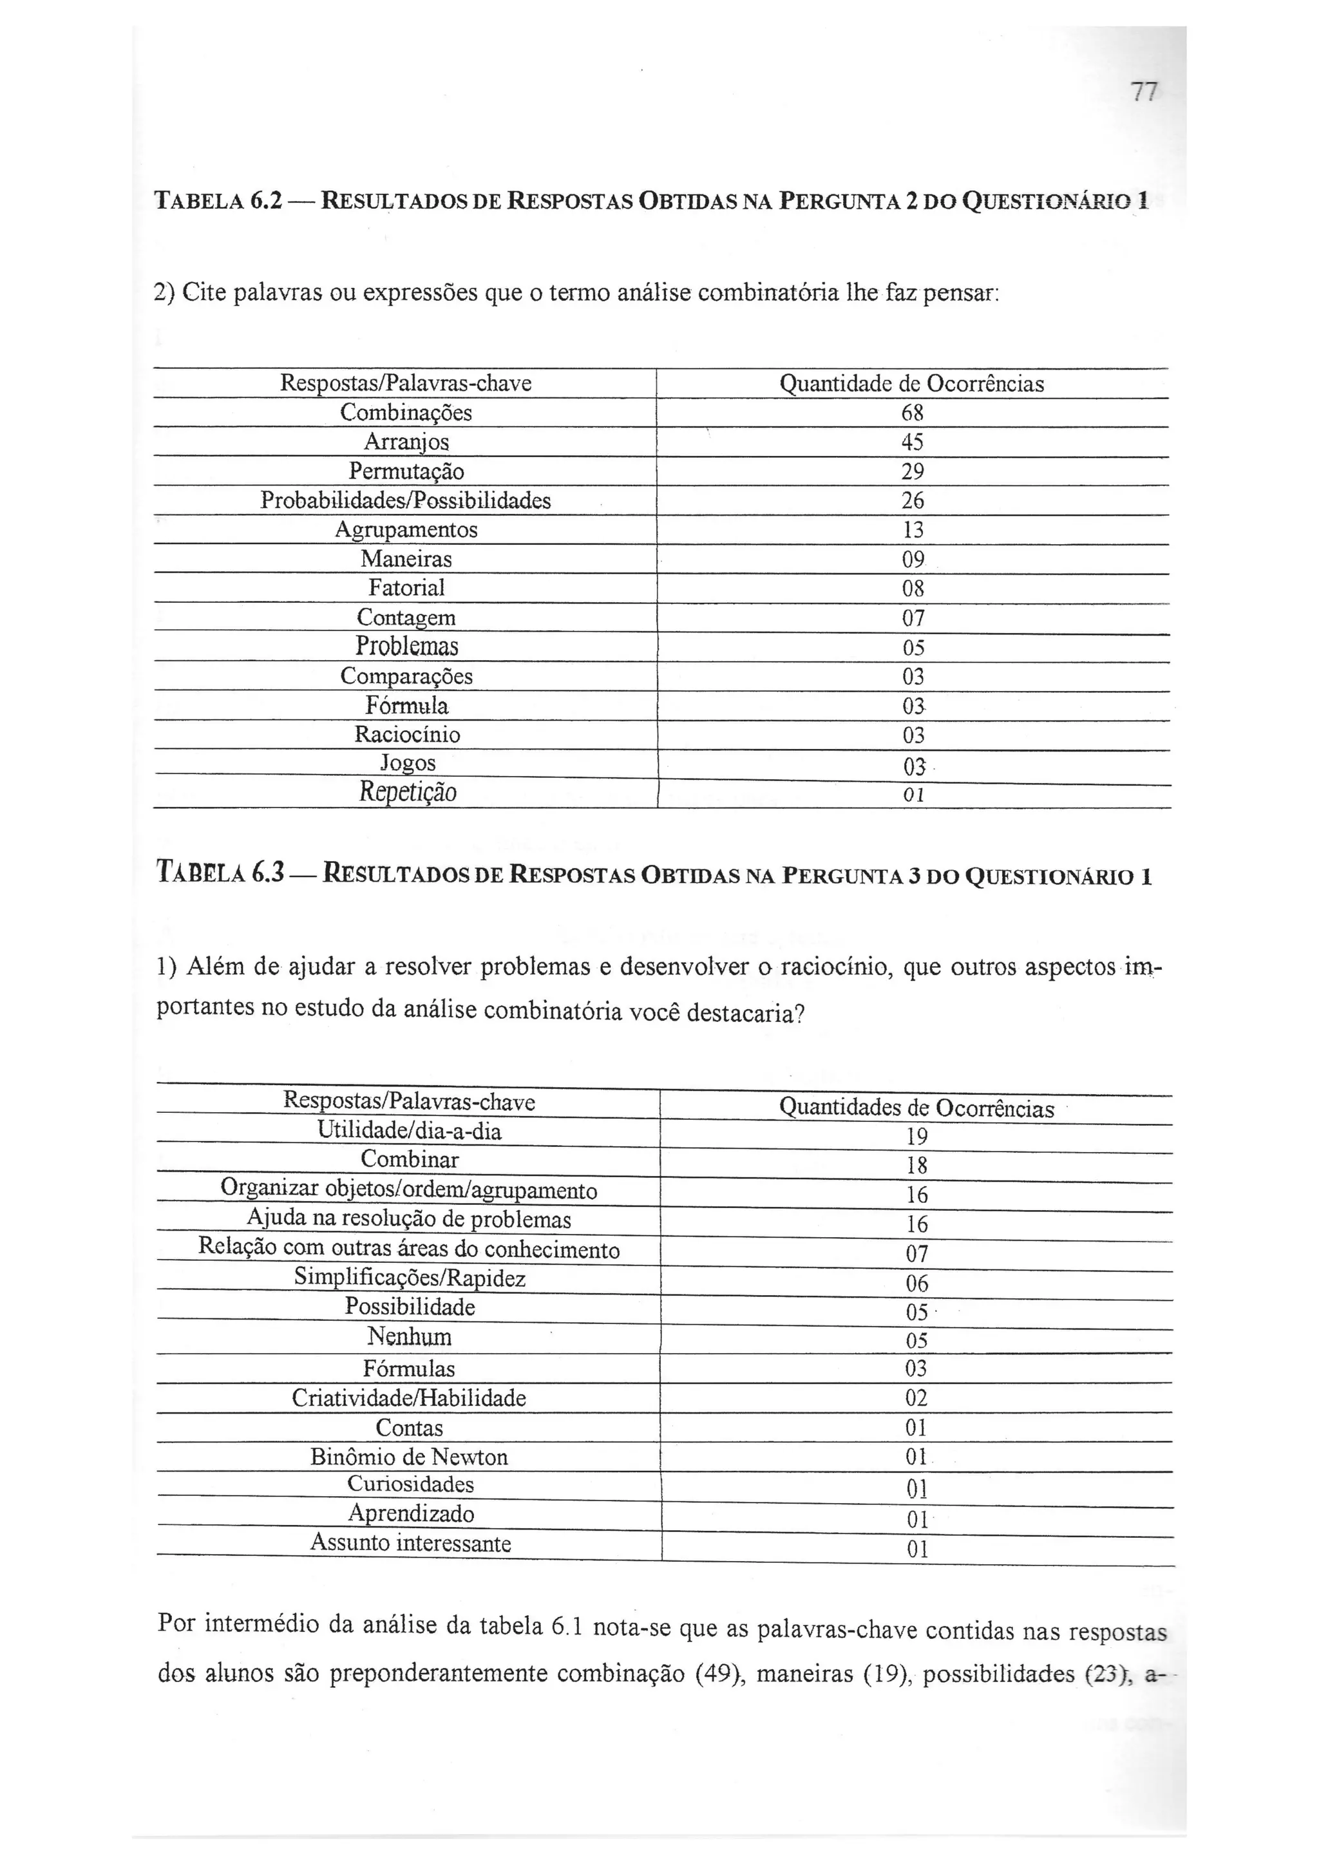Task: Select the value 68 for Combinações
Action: coord(912,413)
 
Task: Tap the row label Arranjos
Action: coord(406,442)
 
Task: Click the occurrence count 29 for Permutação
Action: coord(912,471)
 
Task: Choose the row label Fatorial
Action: coord(406,587)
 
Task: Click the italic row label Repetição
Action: coord(408,792)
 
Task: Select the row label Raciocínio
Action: coord(407,734)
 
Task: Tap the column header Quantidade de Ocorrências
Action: coord(911,383)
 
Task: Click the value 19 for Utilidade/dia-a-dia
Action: coord(916,1137)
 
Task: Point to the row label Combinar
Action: coord(410,1159)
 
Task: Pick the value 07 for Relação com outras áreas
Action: coord(916,1253)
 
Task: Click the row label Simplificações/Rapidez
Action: coord(410,1278)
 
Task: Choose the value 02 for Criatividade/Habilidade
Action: coord(916,1398)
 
